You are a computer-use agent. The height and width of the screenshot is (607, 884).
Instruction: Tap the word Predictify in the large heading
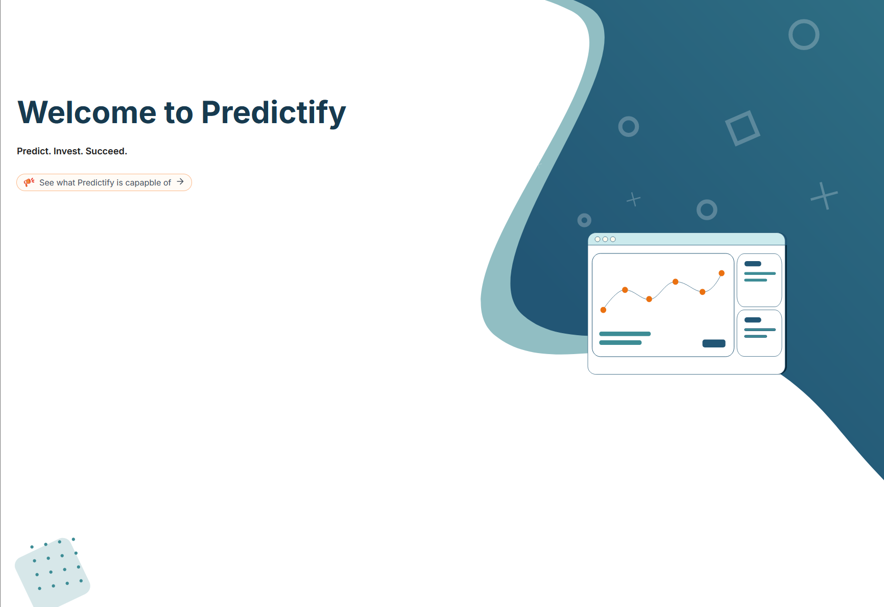pyautogui.click(x=274, y=113)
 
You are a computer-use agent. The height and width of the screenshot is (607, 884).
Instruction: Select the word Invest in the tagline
pyautogui.click(x=67, y=151)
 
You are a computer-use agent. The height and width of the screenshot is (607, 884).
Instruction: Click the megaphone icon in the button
pyautogui.click(x=29, y=182)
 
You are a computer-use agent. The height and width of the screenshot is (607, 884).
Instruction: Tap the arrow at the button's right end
pyautogui.click(x=180, y=181)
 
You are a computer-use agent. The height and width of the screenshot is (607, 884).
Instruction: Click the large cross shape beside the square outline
pyautogui.click(x=824, y=196)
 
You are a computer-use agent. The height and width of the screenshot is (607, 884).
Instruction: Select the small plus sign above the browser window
pyautogui.click(x=633, y=199)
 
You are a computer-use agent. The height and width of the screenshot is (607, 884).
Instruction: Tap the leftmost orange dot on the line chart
pyautogui.click(x=603, y=310)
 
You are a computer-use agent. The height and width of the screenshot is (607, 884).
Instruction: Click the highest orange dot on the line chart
pyautogui.click(x=722, y=273)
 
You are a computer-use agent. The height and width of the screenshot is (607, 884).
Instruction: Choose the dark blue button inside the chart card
pyautogui.click(x=714, y=343)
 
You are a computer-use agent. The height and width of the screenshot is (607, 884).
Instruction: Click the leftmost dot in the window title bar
pyautogui.click(x=598, y=239)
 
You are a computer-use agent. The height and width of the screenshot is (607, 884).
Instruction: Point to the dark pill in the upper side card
pyautogui.click(x=753, y=264)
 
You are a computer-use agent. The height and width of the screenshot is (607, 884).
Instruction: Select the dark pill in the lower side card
pyautogui.click(x=753, y=320)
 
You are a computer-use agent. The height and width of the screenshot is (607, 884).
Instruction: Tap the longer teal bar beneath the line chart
pyautogui.click(x=625, y=334)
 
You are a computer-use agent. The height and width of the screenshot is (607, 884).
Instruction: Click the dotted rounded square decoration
pyautogui.click(x=53, y=572)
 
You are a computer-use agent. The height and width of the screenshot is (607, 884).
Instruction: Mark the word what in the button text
pyautogui.click(x=66, y=183)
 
